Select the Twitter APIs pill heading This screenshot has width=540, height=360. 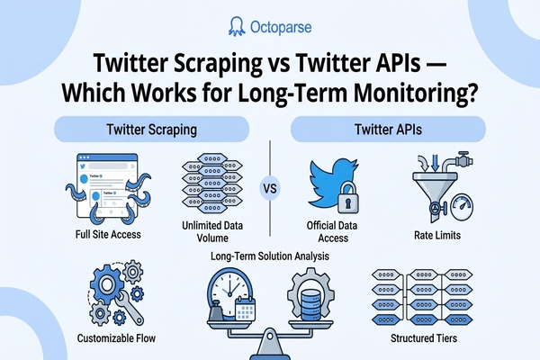392,130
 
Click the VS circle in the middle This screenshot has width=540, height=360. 268,189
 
